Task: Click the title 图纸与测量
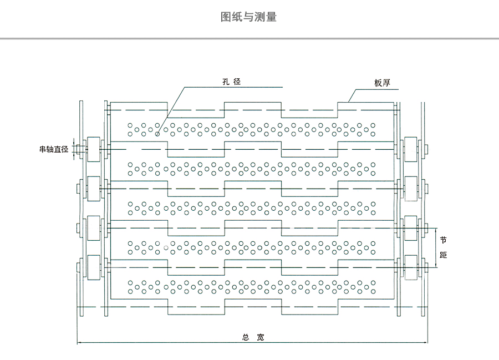coord(248,17)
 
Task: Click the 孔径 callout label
coord(231,82)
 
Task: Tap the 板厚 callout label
coord(382,83)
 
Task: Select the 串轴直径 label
coord(53,149)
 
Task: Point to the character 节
coord(443,240)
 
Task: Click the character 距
coord(443,255)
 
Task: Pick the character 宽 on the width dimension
coord(261,337)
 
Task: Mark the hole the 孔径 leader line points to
coord(157,134)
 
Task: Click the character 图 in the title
coord(226,17)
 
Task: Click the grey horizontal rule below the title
coord(249,39)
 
